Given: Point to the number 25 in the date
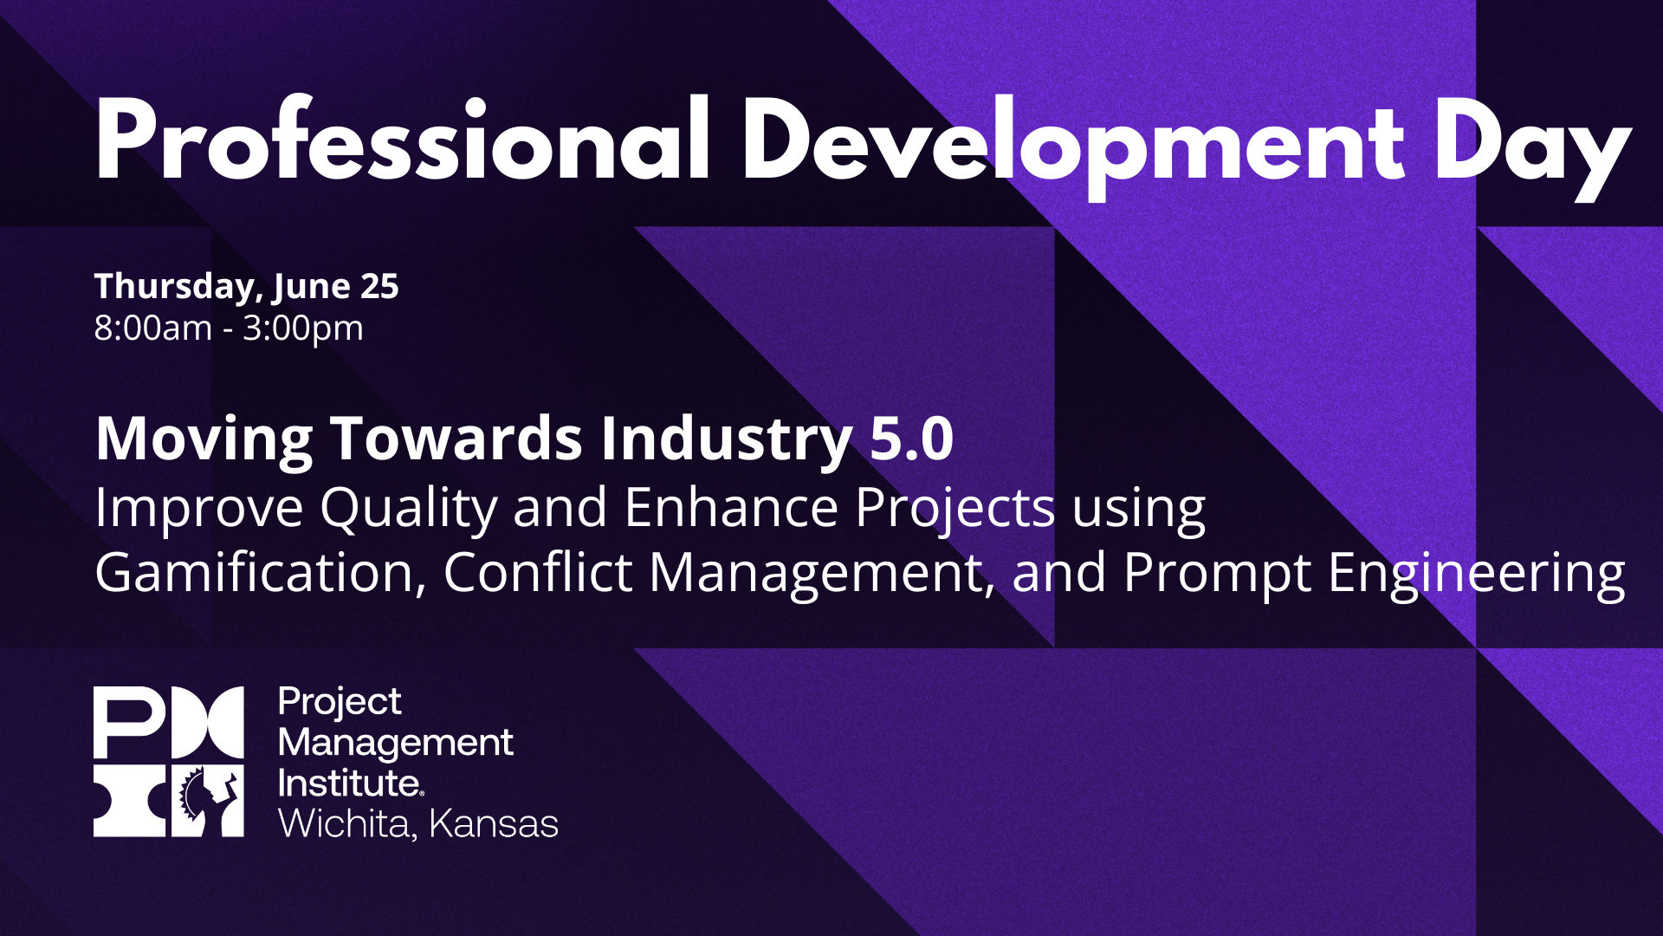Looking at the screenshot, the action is pyautogui.click(x=379, y=286).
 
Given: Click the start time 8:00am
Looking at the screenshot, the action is pyautogui.click(x=153, y=328).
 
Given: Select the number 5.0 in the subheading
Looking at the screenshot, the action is pyautogui.click(x=911, y=438).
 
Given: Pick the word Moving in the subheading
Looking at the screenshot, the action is pyautogui.click(x=204, y=440).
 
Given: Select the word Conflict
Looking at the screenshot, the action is pyautogui.click(x=538, y=572).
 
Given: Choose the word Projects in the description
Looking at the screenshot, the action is pyautogui.click(x=955, y=509).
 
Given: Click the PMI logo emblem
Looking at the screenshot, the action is pyautogui.click(x=169, y=762).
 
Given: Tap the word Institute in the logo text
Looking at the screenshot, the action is pyautogui.click(x=350, y=783).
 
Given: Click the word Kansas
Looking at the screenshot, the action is pyautogui.click(x=494, y=824).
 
